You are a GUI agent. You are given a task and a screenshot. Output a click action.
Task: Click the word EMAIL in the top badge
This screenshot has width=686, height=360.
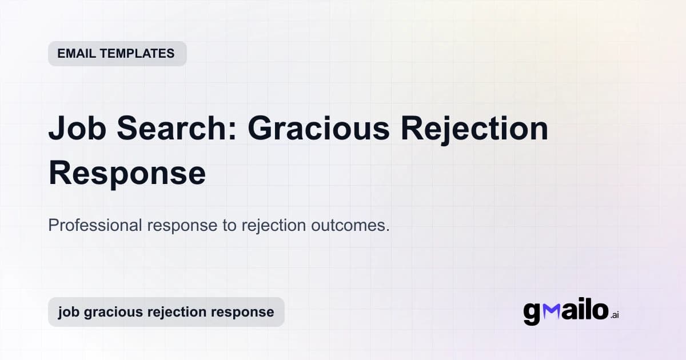(76, 54)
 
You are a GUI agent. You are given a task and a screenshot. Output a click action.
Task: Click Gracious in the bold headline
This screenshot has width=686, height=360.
(318, 130)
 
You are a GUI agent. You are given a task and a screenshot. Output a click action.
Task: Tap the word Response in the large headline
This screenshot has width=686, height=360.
(127, 173)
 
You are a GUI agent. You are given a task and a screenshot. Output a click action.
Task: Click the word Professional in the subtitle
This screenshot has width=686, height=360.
(95, 225)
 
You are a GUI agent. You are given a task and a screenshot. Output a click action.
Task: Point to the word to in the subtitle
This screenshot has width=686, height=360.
(229, 225)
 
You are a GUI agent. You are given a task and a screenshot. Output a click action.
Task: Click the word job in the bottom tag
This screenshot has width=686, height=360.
(67, 313)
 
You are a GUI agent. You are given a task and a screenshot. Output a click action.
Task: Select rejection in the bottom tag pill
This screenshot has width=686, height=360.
(178, 313)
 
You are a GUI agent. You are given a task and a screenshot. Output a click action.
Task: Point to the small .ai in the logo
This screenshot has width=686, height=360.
(615, 315)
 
